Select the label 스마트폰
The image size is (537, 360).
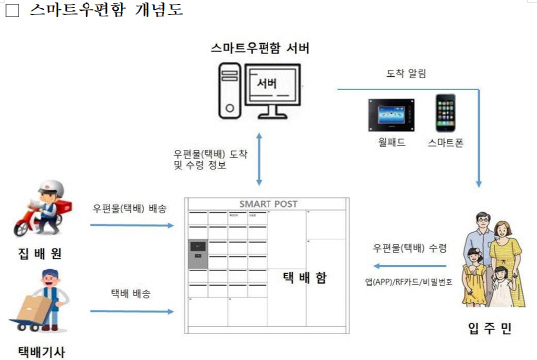(x=446, y=142)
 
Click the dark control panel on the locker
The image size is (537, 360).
(x=196, y=256)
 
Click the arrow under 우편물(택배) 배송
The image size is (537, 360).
(x=133, y=224)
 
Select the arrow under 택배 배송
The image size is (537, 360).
(x=133, y=310)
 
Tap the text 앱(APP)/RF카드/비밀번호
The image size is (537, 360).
(x=408, y=284)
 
